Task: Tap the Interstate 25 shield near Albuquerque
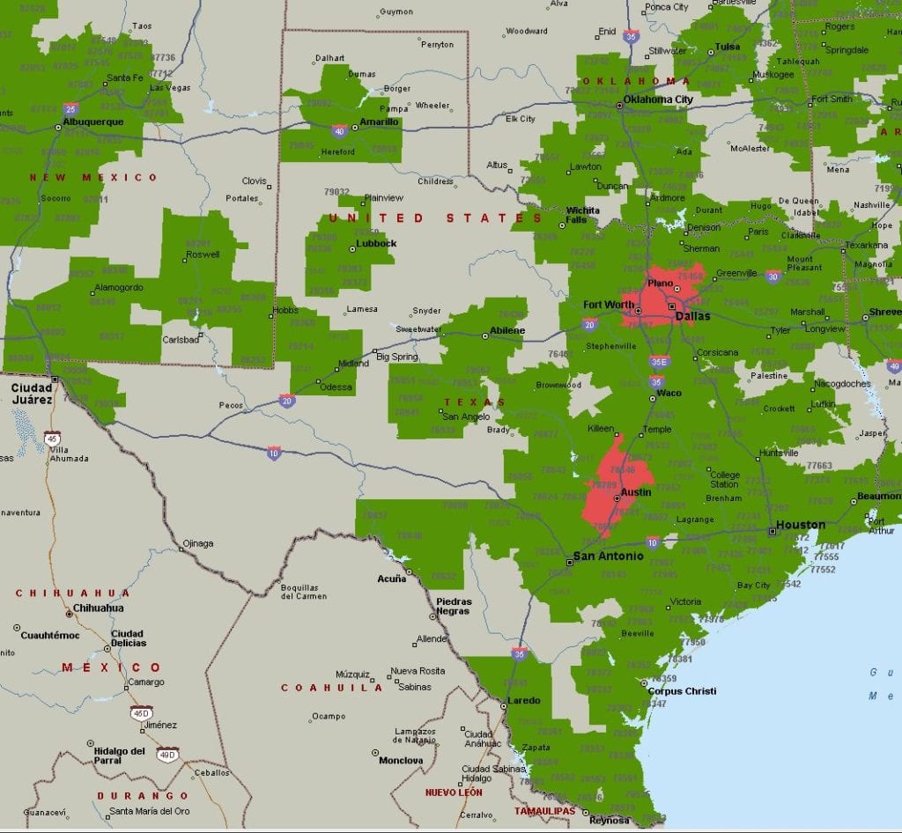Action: click(70, 108)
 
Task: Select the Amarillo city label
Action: click(380, 122)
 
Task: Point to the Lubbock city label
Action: click(376, 243)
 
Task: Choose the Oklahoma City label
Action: click(658, 100)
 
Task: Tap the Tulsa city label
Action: click(728, 46)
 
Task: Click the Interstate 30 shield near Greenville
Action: click(773, 276)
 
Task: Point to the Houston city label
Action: click(801, 525)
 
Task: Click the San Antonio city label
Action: click(608, 556)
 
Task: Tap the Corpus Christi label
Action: click(682, 691)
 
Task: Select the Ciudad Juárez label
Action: click(30, 393)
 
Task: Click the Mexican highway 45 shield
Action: click(53, 438)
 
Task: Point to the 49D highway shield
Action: click(167, 754)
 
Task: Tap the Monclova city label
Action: click(401, 760)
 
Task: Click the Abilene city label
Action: click(508, 330)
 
